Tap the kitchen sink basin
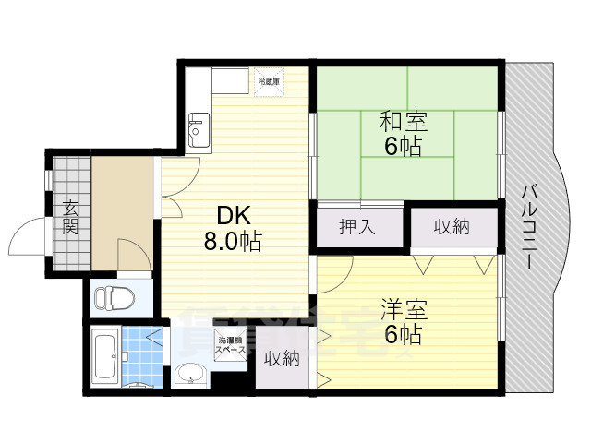coord(198,128)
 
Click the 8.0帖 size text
coord(232,242)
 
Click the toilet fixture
coord(115,297)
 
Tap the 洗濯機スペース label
coord(230,342)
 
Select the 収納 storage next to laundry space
coord(283,358)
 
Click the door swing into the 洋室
coord(338,268)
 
